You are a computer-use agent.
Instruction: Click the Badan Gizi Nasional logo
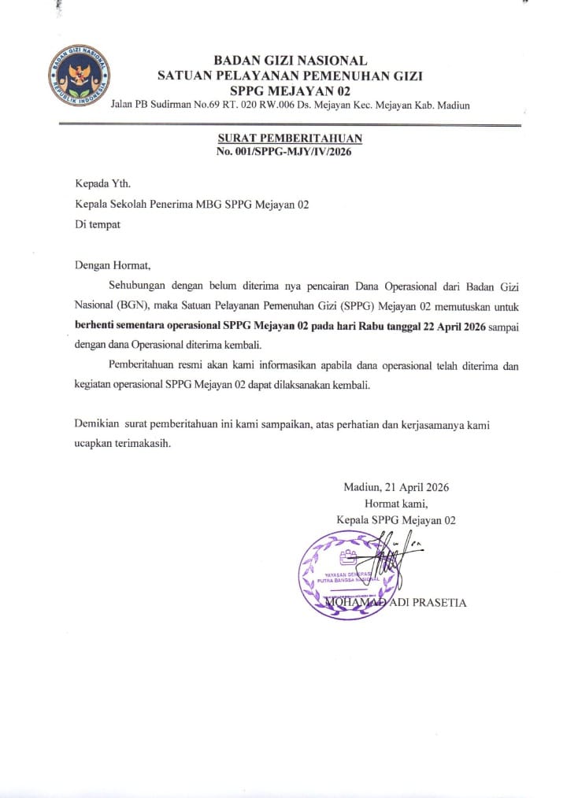tap(80, 76)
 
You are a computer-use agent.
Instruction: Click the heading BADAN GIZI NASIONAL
tap(290, 61)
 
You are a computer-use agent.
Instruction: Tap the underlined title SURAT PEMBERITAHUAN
tap(290, 139)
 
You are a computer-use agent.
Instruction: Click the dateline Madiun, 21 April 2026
tap(396, 486)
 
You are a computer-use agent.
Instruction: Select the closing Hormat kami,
tap(395, 503)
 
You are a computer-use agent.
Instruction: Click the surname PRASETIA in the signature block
tap(438, 603)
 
